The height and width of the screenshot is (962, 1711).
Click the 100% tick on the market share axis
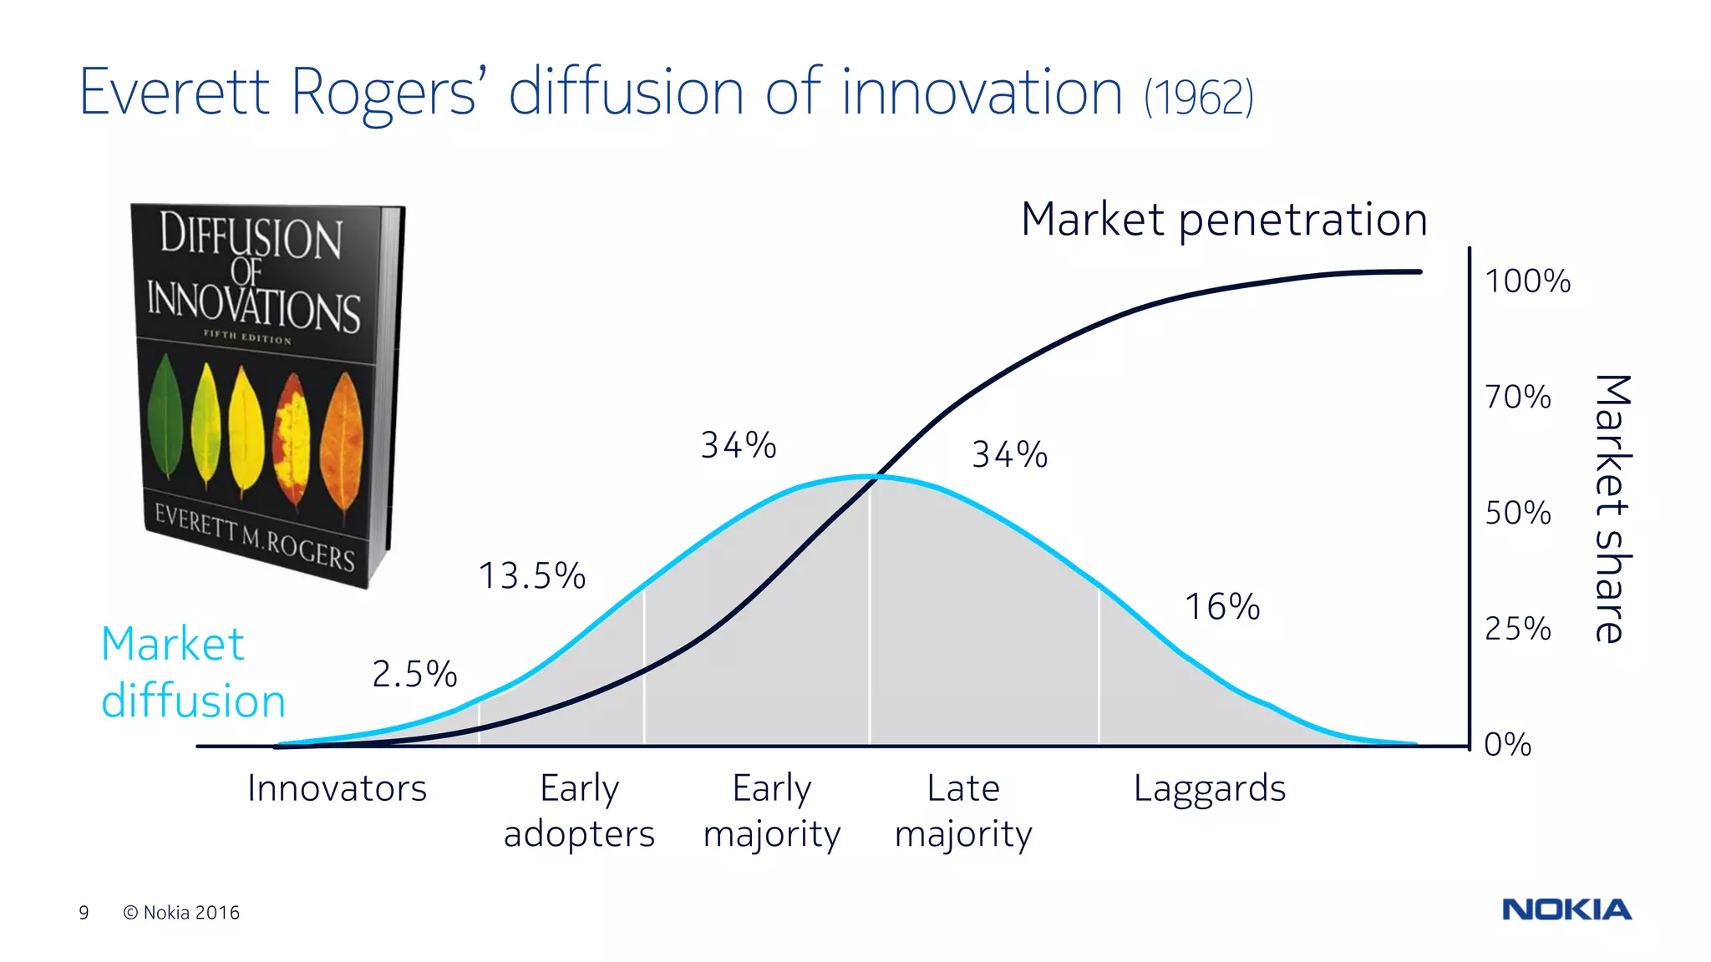(1527, 281)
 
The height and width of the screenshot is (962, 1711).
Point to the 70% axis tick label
(1517, 397)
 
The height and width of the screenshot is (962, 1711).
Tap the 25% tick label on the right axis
(1517, 629)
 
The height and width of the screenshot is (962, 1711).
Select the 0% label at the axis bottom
(1507, 744)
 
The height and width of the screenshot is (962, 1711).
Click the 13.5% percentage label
(532, 576)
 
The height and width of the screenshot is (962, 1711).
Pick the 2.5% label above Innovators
(414, 674)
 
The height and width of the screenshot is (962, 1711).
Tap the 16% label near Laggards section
(1222, 607)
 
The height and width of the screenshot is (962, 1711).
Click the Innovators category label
(337, 788)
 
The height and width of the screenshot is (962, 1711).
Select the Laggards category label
(1209, 788)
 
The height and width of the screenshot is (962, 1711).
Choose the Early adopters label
(579, 811)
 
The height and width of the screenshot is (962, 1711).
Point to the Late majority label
(963, 811)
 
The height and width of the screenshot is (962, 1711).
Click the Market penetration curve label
(1224, 220)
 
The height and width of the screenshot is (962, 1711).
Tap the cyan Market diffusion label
(192, 672)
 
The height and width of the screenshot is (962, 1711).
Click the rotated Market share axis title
(1612, 509)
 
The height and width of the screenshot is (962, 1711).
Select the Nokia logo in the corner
(1566, 909)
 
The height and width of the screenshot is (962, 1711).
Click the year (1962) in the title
(1199, 98)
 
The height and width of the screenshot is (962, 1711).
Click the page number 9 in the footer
(84, 913)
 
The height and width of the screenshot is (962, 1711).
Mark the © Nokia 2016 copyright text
(181, 913)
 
